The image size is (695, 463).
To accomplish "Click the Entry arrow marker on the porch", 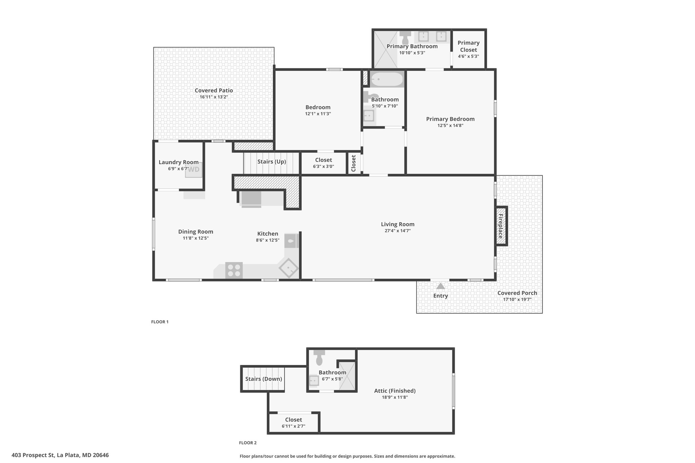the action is [440, 286].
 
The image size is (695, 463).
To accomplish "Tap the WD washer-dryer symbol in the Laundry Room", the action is [194, 170].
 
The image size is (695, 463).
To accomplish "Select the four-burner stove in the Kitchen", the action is [234, 270].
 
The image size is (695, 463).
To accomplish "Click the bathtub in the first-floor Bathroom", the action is [387, 79].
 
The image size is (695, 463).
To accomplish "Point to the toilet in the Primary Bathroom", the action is [405, 37].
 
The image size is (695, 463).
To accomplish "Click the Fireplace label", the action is [501, 226].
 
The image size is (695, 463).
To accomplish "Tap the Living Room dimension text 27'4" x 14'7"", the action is [398, 231].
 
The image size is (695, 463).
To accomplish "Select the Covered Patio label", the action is [214, 90].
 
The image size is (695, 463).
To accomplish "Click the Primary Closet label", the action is [469, 46].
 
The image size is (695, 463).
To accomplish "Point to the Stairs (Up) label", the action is [271, 161].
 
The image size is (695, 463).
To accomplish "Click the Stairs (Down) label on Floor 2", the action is [264, 379].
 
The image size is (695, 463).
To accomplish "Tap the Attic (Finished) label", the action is [395, 391].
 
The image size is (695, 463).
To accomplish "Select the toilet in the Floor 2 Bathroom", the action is [319, 358].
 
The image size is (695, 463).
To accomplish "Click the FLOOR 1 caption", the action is [160, 322].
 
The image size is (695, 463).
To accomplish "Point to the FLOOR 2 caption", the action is [248, 443].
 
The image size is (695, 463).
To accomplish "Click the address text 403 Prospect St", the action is [33, 455].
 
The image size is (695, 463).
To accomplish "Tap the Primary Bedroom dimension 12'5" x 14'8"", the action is [450, 126].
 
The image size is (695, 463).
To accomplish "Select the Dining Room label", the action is [196, 232].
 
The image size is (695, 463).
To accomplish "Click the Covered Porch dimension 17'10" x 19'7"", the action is [517, 300].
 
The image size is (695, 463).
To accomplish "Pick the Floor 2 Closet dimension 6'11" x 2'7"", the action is [294, 426].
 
